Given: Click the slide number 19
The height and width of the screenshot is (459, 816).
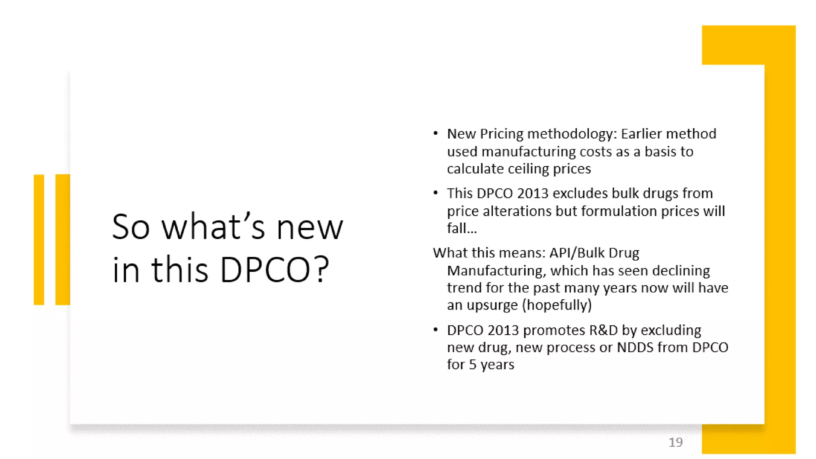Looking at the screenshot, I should (675, 442).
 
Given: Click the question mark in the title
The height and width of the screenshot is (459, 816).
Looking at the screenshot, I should (320, 270).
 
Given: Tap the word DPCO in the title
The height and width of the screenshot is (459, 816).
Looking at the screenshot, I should (265, 270).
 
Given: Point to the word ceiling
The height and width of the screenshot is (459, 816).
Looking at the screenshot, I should (528, 169).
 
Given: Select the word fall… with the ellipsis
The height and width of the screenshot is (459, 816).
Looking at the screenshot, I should (462, 228).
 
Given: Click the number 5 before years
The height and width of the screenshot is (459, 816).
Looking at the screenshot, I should (473, 365).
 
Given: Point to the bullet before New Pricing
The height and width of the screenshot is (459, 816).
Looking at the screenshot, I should (435, 133).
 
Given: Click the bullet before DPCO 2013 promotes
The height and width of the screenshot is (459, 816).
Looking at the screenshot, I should (435, 330).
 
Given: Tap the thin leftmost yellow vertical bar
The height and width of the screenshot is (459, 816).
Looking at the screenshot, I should (39, 239).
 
